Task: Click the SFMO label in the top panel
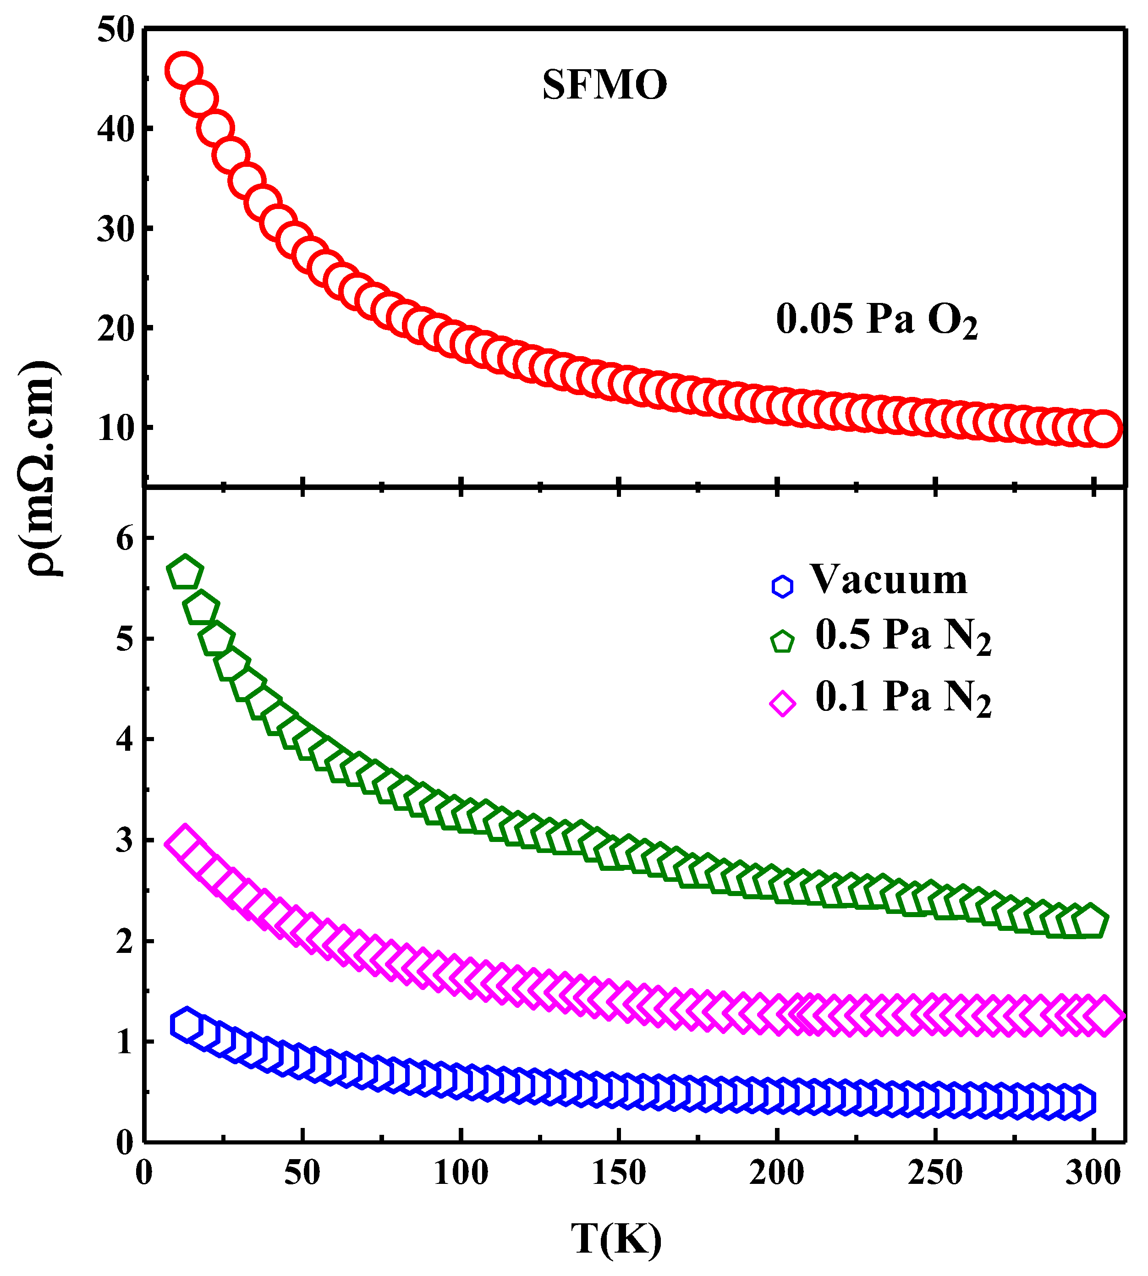[x=604, y=84]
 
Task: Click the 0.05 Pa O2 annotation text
[x=876, y=319]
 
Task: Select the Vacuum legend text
[x=888, y=579]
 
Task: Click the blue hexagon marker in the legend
[x=782, y=586]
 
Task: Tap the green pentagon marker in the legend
[x=782, y=642]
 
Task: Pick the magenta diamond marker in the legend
[x=783, y=703]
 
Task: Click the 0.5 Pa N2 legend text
[x=903, y=636]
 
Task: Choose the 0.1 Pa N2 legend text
[x=903, y=698]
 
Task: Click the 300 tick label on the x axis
[x=1093, y=1173]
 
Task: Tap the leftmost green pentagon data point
[x=184, y=573]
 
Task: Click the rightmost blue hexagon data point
[x=1079, y=1103]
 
